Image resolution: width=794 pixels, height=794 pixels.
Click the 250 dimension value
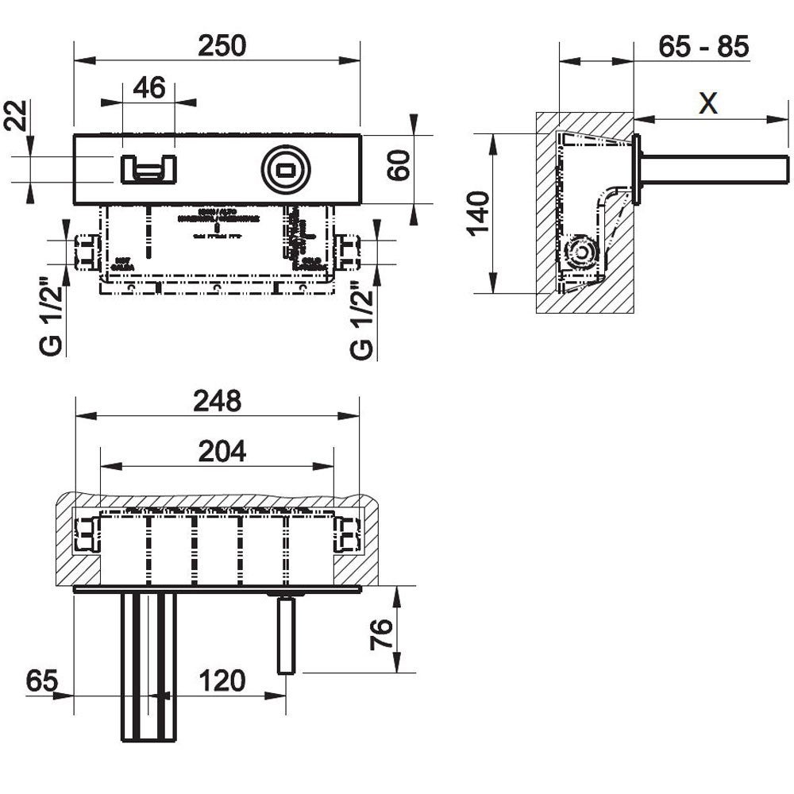(222, 46)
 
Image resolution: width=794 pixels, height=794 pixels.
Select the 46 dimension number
(149, 87)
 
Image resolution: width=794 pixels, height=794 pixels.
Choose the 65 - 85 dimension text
(703, 47)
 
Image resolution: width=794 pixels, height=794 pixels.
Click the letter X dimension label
(708, 103)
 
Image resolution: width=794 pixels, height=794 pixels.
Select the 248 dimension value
(218, 402)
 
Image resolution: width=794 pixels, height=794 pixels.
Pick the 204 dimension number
(222, 452)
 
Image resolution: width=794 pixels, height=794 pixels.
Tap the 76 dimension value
(383, 635)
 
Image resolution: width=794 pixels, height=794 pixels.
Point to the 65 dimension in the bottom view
(40, 680)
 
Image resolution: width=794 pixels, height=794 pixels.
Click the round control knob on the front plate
(286, 169)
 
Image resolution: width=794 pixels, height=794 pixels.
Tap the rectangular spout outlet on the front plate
(148, 168)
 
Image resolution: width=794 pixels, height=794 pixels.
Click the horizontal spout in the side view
(715, 169)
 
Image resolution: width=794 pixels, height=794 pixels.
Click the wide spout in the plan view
(148, 667)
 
